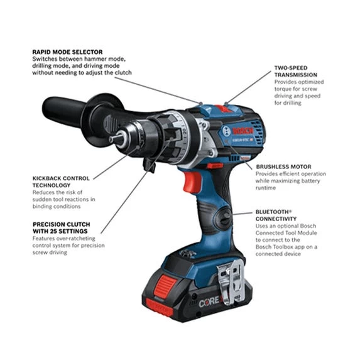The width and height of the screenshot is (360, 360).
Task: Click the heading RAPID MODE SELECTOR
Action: pyautogui.click(x=67, y=52)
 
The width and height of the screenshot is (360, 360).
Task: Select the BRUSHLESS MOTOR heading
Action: pyautogui.click(x=283, y=166)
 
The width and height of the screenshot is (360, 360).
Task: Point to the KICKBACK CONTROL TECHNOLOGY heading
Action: pyautogui.click(x=61, y=182)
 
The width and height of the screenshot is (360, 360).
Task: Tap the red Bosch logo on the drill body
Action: pyautogui.click(x=241, y=131)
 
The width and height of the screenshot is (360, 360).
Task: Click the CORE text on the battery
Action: pyautogui.click(x=209, y=302)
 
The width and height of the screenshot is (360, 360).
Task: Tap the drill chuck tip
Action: pyautogui.click(x=113, y=139)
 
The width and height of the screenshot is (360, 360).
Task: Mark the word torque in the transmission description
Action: pyautogui.click(x=285, y=90)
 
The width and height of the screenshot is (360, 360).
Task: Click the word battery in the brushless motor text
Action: pyautogui.click(x=313, y=181)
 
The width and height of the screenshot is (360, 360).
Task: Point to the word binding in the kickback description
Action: pyautogui.click(x=45, y=206)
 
